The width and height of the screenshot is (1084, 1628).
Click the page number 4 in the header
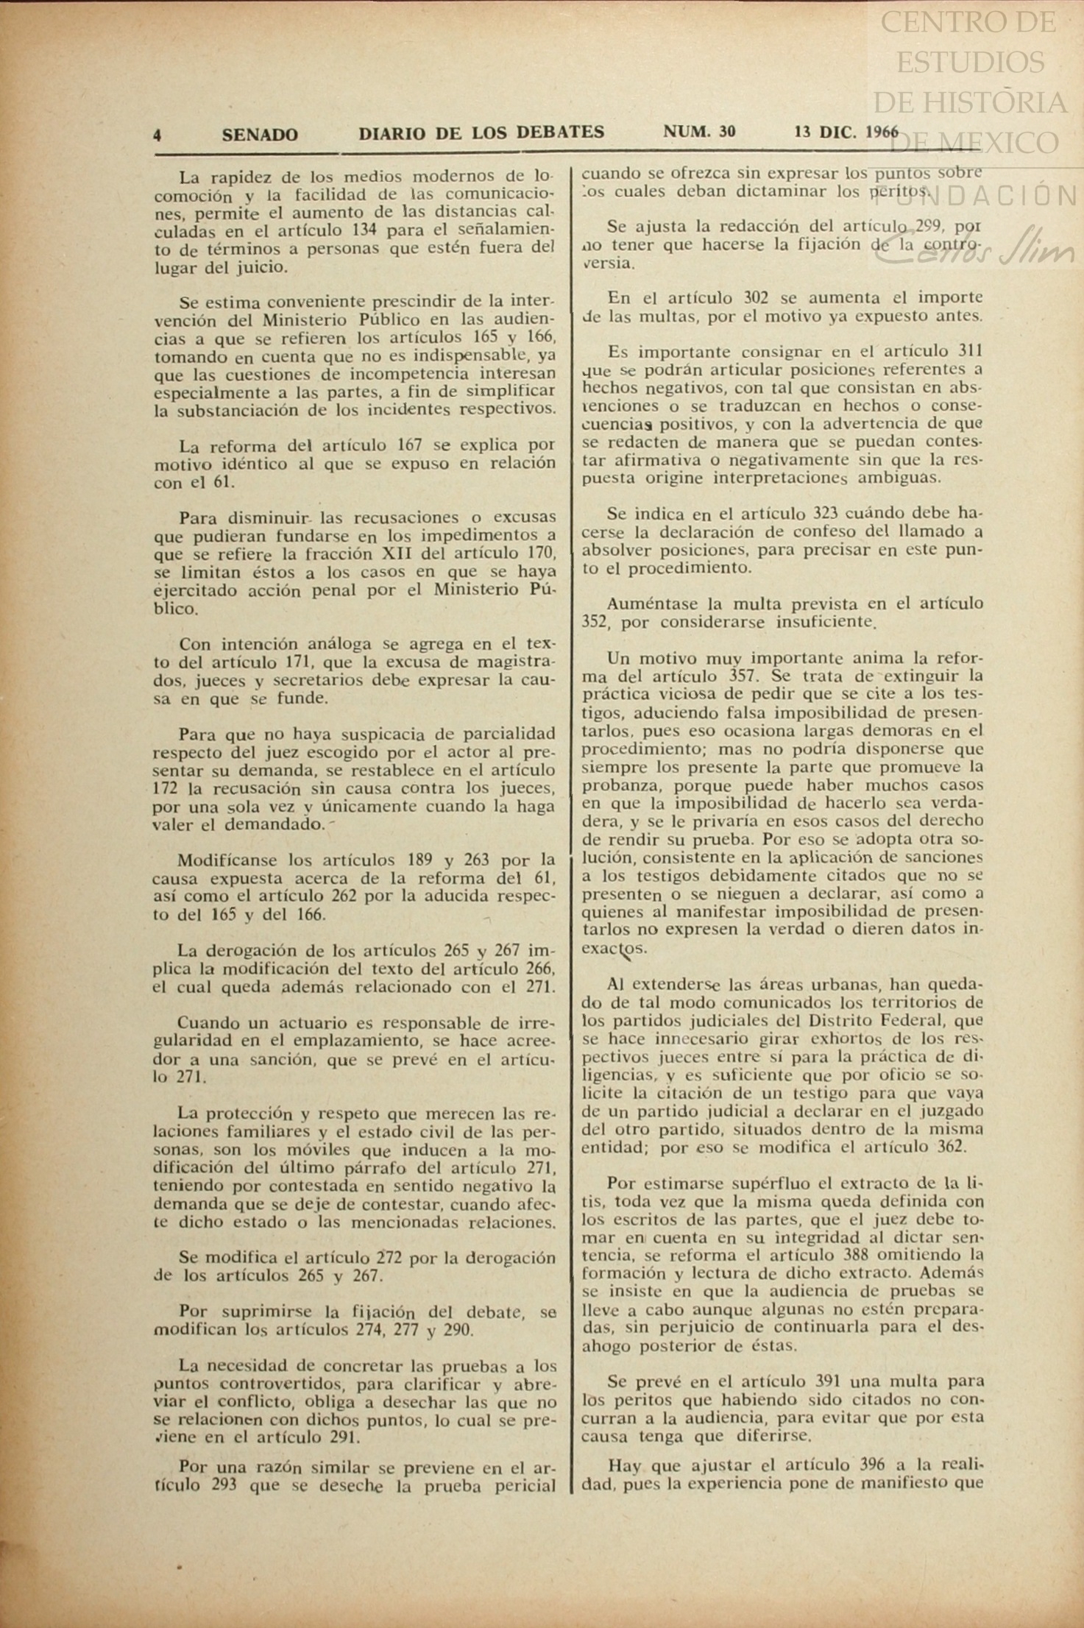point(157,135)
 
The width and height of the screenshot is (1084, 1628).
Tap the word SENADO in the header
point(260,135)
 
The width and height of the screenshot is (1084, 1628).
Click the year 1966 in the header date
point(882,132)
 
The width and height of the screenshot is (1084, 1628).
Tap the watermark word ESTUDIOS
point(970,62)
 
